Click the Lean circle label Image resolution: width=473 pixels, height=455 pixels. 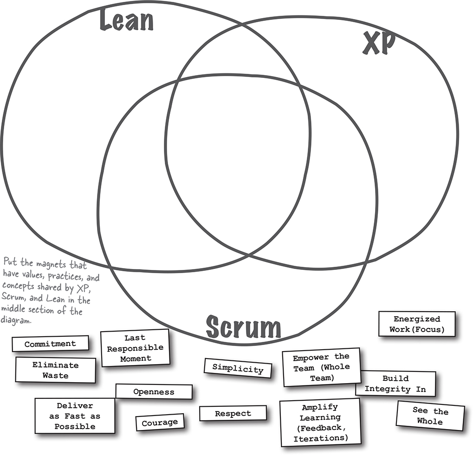(x=127, y=22)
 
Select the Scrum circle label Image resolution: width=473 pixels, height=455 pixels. (x=243, y=327)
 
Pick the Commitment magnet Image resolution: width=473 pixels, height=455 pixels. (x=50, y=344)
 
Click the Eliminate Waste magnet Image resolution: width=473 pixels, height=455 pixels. (x=55, y=370)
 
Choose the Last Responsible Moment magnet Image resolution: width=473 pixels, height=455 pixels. (x=135, y=348)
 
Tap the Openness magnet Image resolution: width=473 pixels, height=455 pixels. (x=154, y=392)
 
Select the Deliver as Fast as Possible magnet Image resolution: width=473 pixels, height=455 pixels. (x=75, y=416)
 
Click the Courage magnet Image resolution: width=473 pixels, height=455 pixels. (x=160, y=423)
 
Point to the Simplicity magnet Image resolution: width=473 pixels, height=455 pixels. (x=238, y=368)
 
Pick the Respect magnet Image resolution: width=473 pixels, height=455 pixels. (x=233, y=413)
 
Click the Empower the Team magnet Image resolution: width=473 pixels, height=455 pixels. (x=321, y=367)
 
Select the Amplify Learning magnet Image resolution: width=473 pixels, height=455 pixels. (x=320, y=423)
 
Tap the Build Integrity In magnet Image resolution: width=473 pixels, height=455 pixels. (x=395, y=384)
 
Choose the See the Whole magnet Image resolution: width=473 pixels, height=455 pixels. (x=430, y=416)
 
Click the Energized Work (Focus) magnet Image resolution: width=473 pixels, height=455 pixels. (x=416, y=324)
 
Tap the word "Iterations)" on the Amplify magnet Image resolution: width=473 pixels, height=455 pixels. (x=320, y=438)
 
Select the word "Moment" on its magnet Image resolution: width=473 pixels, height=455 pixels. (x=136, y=358)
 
